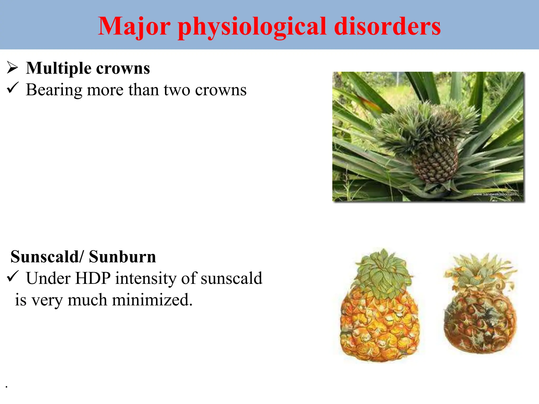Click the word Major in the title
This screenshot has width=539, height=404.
click(134, 26)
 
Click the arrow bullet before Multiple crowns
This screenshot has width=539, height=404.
click(12, 68)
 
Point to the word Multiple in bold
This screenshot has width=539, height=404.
click(59, 68)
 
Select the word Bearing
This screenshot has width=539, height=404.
click(54, 90)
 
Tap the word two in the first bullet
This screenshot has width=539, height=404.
click(177, 90)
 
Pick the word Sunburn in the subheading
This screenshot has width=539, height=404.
click(122, 257)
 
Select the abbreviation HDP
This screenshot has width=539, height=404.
click(93, 278)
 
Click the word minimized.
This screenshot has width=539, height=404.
click(152, 300)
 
